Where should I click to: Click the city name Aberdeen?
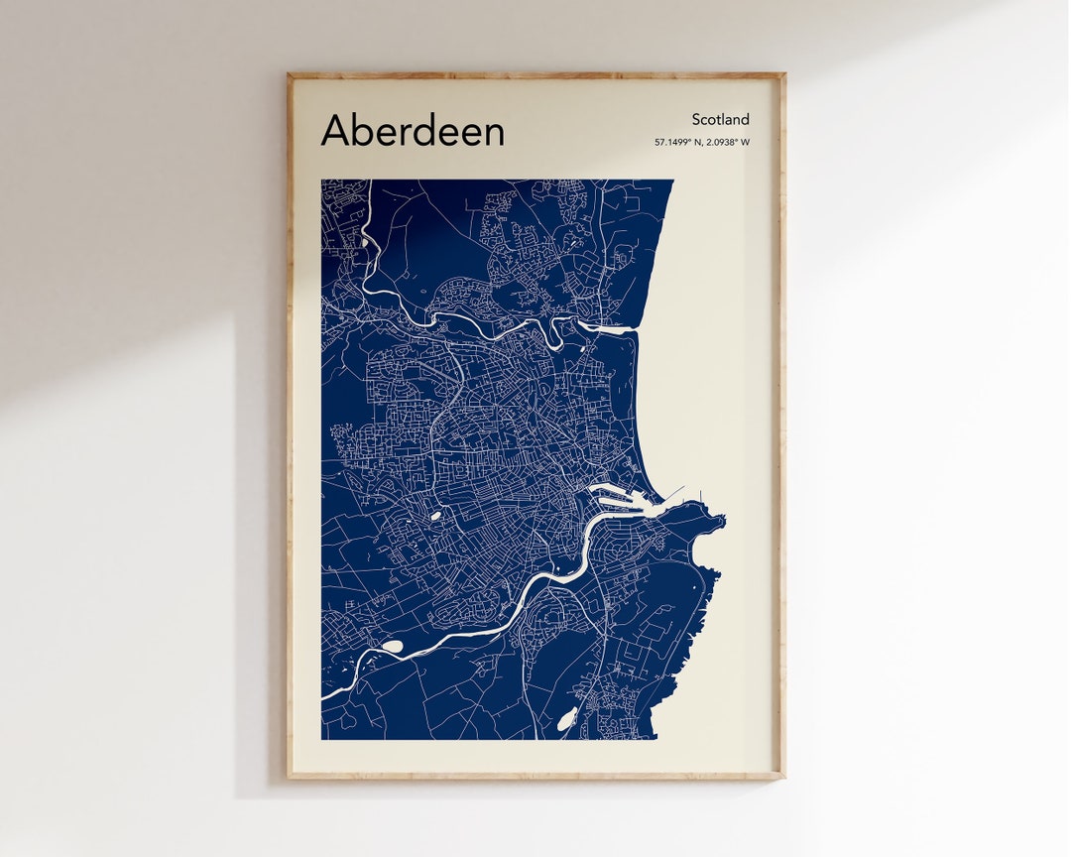[413, 131]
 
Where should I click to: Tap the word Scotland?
[721, 120]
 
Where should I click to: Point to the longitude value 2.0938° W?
[728, 143]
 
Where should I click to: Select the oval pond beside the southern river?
[393, 647]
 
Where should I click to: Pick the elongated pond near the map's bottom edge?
[566, 721]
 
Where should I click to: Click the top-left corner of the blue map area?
[321, 181]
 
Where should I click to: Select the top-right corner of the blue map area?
[673, 181]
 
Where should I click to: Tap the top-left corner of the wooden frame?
[289, 73]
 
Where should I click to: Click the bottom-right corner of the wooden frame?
[784, 778]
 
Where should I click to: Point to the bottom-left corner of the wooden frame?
[289, 778]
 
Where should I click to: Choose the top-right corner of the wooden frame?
[784, 73]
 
